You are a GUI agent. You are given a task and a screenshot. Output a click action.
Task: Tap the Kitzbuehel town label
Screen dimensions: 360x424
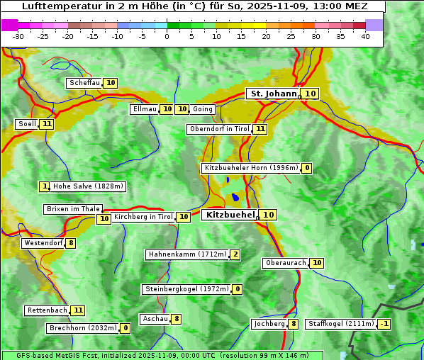[230, 215]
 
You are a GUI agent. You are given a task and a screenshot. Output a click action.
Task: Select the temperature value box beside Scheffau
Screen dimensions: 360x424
[111, 83]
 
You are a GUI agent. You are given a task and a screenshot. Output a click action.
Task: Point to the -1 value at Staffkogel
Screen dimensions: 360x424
[384, 324]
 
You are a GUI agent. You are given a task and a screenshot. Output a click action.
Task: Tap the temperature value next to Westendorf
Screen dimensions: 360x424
[70, 243]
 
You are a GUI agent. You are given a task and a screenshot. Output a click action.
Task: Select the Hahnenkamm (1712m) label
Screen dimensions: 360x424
[187, 254]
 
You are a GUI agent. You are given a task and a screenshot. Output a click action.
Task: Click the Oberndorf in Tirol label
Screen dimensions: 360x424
[220, 129]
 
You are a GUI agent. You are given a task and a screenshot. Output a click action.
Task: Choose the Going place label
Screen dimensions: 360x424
[203, 109]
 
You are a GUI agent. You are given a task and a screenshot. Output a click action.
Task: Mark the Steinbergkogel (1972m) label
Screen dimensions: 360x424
[187, 289]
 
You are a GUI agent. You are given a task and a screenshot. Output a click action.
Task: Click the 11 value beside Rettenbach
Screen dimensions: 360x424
[78, 310]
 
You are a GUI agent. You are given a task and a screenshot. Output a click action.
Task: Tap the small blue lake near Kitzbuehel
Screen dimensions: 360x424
[235, 198]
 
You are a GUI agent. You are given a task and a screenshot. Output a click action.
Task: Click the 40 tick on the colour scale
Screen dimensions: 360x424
[365, 36]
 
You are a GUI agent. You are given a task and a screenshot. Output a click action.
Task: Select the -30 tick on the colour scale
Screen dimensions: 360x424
[18, 36]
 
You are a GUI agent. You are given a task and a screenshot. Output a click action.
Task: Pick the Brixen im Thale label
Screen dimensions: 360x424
[73, 209]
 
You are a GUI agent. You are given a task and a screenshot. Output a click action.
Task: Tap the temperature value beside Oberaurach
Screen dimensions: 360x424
[317, 263]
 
